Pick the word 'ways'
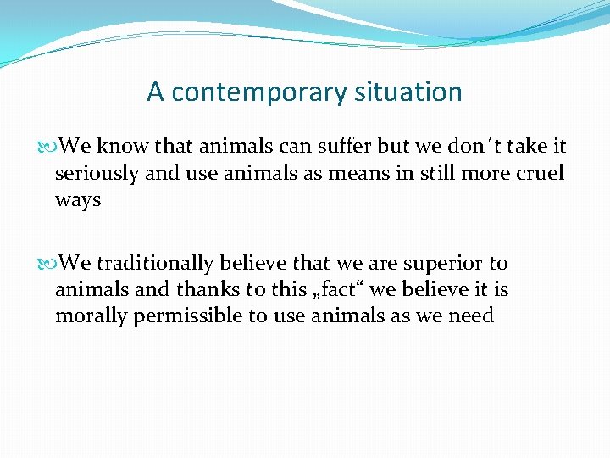78,200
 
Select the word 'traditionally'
154,263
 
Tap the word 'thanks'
208,290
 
